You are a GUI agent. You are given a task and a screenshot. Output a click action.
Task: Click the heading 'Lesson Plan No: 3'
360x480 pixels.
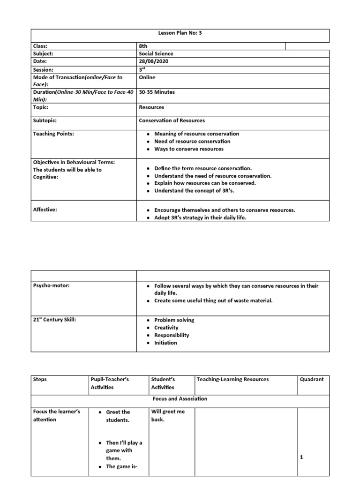tap(180, 33)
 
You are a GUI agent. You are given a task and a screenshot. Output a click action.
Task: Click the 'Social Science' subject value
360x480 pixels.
tap(156, 53)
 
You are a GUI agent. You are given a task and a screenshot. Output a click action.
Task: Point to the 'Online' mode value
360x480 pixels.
tap(147, 77)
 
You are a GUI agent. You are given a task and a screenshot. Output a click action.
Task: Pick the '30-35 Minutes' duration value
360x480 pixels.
tap(157, 92)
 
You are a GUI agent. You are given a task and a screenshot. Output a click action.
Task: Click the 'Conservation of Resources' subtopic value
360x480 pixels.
tap(172, 120)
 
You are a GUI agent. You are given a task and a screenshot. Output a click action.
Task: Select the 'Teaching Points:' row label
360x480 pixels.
tap(53, 134)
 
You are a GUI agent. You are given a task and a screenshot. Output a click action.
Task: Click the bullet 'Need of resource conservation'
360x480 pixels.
tap(192, 141)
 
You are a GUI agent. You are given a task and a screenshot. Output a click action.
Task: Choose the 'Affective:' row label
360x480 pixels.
tap(45, 210)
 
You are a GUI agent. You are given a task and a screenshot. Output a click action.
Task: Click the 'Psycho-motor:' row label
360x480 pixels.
tap(51, 285)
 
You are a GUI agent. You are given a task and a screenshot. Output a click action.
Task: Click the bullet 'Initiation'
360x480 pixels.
tap(165, 343)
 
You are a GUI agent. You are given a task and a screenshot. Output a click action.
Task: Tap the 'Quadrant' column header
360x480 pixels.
tap(312, 379)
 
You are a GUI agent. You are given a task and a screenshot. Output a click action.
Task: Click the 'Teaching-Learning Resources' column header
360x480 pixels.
tap(233, 379)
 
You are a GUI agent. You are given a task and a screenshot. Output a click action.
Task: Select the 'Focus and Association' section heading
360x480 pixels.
tap(180, 399)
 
